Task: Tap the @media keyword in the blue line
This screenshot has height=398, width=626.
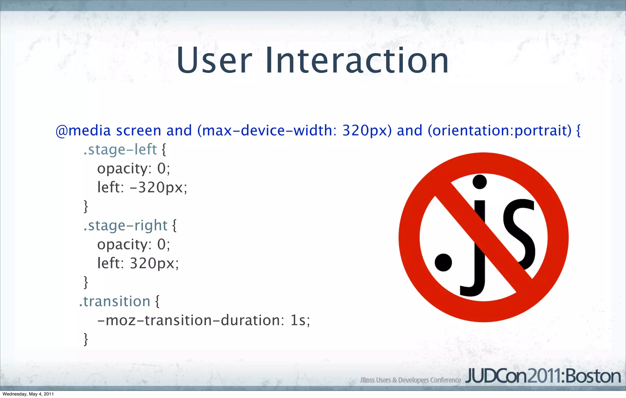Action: [83, 131]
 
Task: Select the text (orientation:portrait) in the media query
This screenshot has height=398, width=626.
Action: [499, 131]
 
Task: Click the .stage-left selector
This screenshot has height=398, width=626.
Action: [120, 150]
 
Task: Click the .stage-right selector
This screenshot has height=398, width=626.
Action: [125, 226]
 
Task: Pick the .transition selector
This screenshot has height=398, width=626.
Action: [115, 302]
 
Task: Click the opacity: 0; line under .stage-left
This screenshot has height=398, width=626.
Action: [133, 168]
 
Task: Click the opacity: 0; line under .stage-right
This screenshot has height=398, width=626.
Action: [133, 244]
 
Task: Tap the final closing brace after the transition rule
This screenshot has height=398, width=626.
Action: [86, 339]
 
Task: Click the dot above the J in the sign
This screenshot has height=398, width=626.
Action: [480, 182]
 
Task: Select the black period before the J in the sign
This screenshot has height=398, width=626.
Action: [443, 262]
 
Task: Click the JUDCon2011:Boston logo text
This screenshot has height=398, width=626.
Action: [543, 377]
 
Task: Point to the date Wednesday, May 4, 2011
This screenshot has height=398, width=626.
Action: [28, 394]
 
